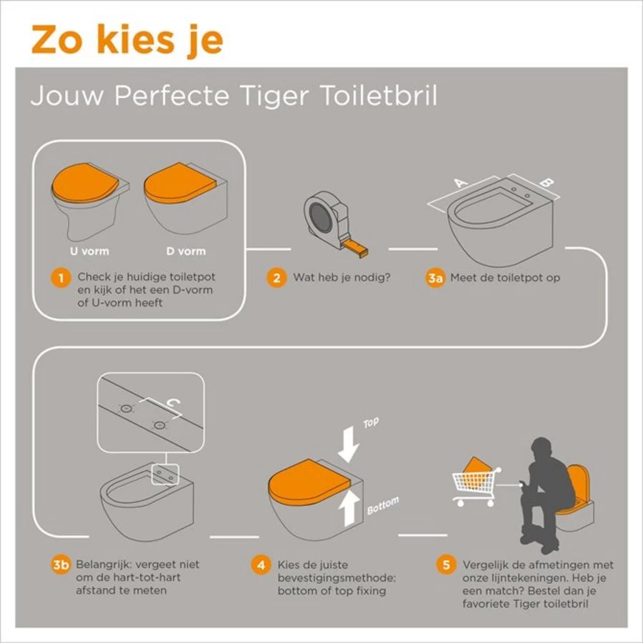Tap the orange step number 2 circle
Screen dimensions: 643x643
276,278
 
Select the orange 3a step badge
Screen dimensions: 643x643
436,278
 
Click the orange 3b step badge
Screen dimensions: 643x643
61,565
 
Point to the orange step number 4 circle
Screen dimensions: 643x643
261,565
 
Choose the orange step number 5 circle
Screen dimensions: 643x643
447,565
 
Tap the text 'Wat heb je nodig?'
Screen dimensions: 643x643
342,278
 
